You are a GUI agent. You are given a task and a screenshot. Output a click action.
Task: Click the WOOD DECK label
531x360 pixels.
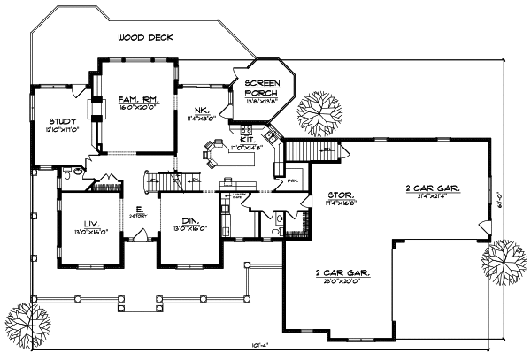click(145, 38)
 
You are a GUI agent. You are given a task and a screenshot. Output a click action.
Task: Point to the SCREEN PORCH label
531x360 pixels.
click(262, 88)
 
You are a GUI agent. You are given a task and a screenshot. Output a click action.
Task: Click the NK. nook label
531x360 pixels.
click(196, 109)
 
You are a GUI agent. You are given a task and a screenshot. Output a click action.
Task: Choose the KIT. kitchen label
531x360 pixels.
click(248, 140)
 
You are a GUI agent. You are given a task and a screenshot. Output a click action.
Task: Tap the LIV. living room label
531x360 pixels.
click(85, 223)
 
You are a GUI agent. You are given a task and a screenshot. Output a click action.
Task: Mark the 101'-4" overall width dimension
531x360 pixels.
click(261, 346)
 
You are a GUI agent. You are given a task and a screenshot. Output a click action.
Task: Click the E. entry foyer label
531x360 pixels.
click(139, 210)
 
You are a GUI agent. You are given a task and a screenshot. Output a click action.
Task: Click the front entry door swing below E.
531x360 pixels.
click(139, 233)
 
